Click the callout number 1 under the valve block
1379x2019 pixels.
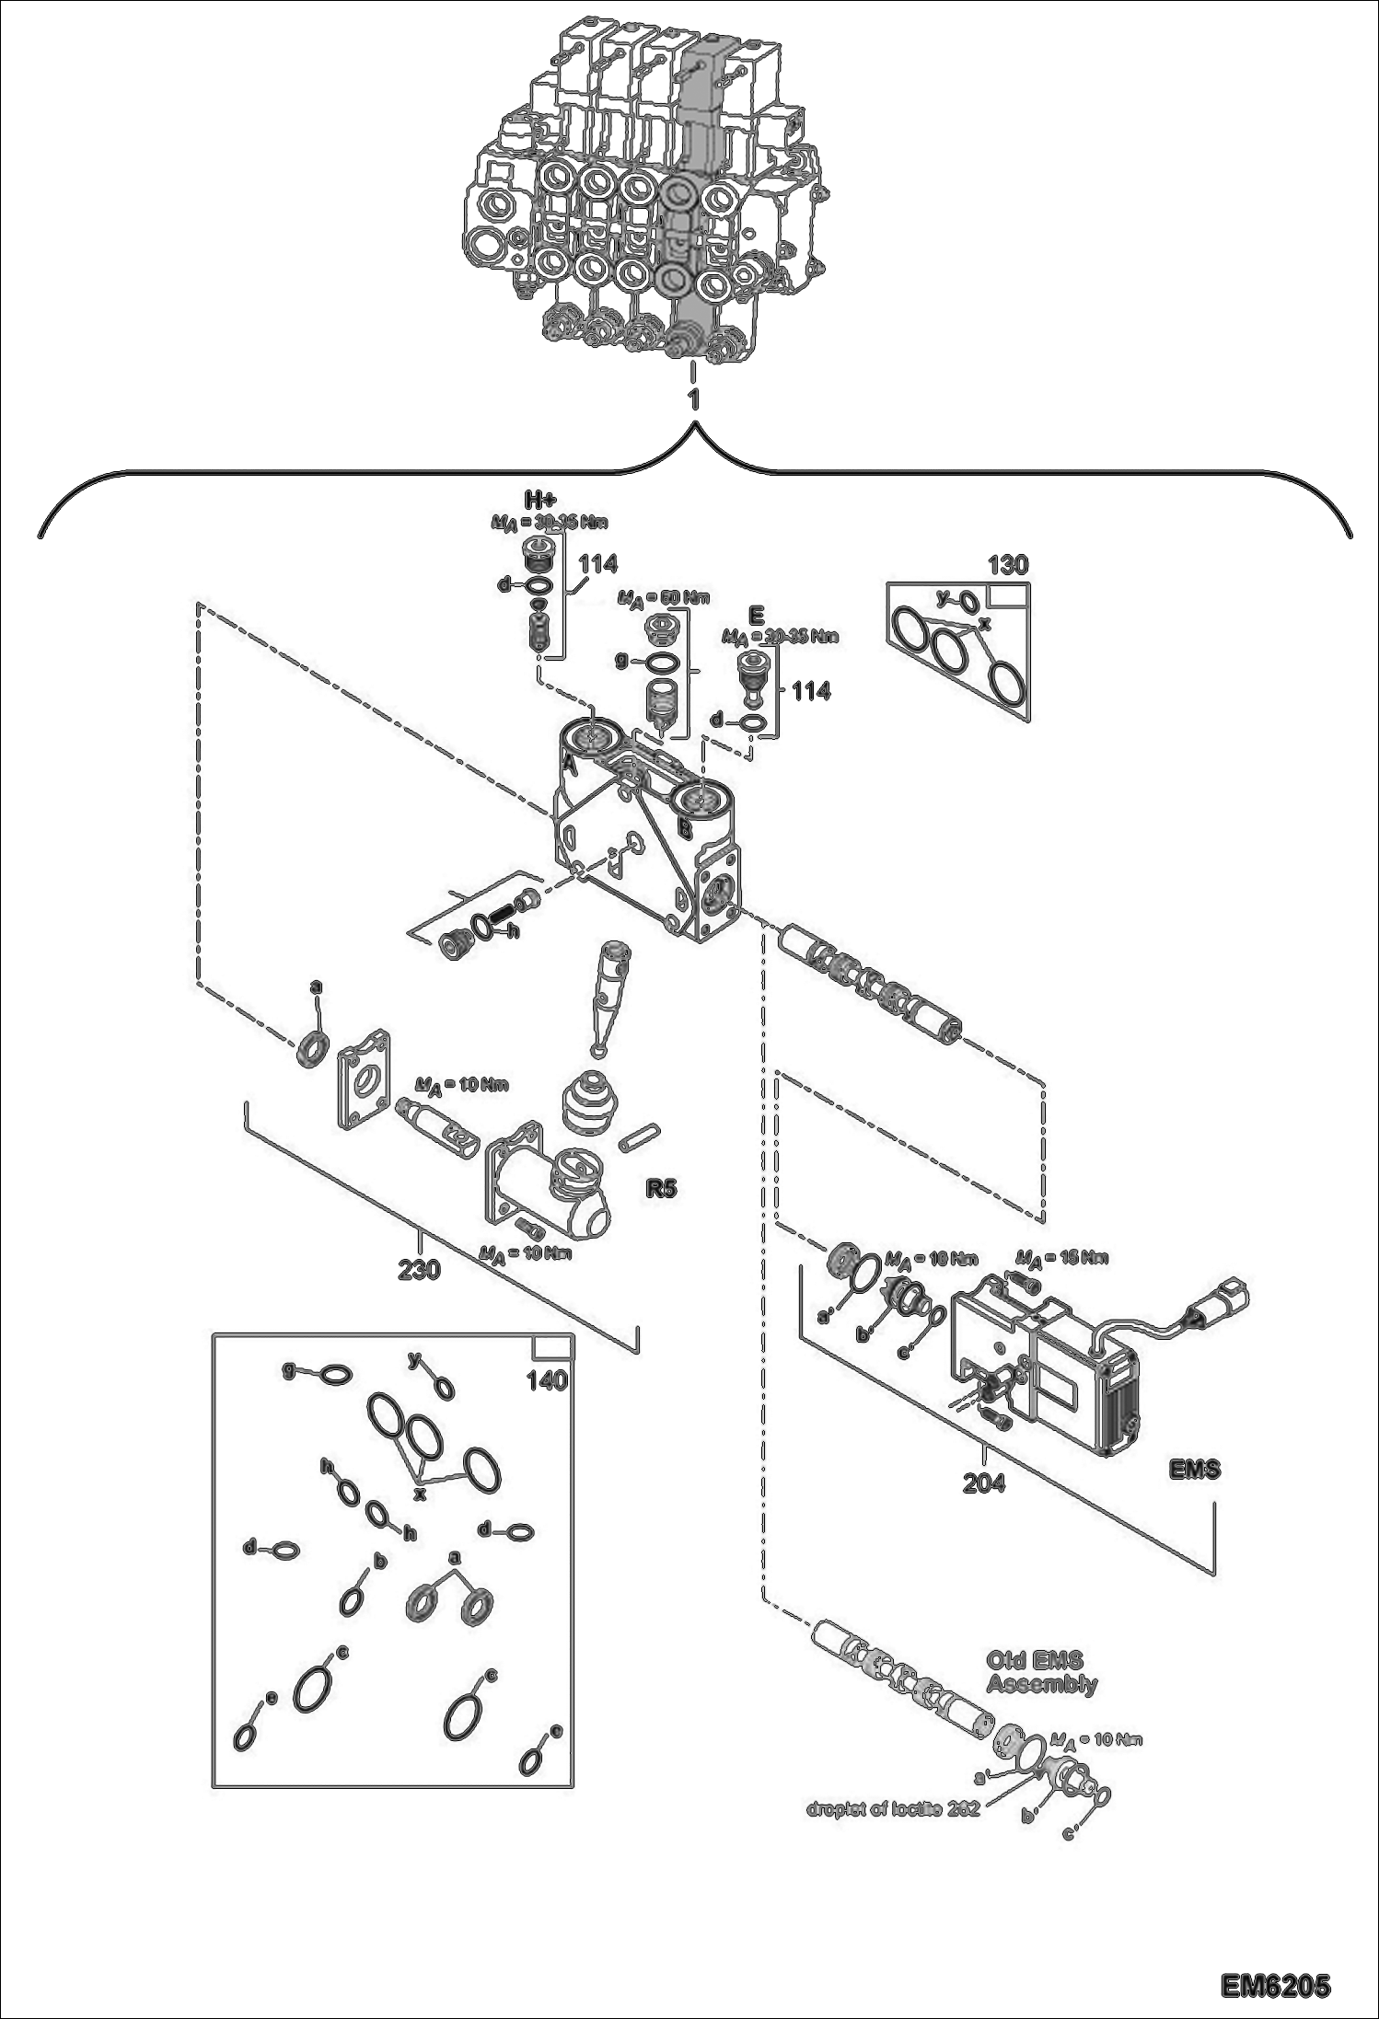click(x=693, y=399)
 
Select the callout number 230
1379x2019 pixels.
click(x=419, y=1270)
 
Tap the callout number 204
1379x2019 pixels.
click(x=983, y=1483)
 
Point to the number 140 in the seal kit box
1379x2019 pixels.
click(x=546, y=1380)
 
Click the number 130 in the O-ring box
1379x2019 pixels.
click(x=1007, y=565)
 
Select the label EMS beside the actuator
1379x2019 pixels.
click(x=1194, y=1470)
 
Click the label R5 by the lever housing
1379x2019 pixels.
click(x=660, y=1188)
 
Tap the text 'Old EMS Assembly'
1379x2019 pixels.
click(x=1041, y=1672)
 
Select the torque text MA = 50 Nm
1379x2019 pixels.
click(x=664, y=598)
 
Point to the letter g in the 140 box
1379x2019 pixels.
click(x=288, y=1371)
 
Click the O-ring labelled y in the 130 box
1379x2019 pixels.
click(x=966, y=602)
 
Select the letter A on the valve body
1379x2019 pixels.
click(x=569, y=763)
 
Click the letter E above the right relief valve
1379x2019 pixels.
click(x=757, y=613)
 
